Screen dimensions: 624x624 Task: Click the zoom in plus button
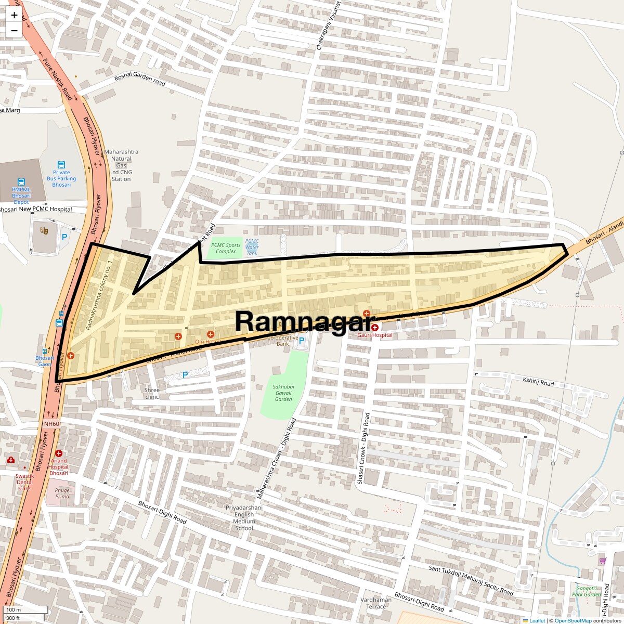coord(14,15)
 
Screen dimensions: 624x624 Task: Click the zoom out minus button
coord(14,31)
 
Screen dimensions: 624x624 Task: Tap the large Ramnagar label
coord(305,321)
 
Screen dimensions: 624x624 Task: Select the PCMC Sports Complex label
coord(226,248)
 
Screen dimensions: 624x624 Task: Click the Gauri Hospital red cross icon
coord(374,328)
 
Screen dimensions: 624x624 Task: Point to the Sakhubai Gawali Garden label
coord(283,393)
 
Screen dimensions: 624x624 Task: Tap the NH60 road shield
coord(51,424)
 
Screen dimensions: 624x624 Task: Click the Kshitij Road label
coord(538,382)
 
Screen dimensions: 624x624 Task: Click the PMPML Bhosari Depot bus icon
coord(21,183)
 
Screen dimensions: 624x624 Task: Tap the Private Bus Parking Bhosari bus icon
coord(61,165)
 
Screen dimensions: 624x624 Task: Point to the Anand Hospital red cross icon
coord(59,453)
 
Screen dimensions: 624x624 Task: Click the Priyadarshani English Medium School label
coord(244,517)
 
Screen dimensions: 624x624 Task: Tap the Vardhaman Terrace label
coord(376,603)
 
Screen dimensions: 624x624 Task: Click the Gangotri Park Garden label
coord(586,591)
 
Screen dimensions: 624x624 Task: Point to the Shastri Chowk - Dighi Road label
coord(363,449)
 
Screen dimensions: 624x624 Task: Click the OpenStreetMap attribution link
coord(573,620)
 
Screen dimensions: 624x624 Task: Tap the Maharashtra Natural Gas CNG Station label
coord(121,165)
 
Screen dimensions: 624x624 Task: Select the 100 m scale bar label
coord(14,609)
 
